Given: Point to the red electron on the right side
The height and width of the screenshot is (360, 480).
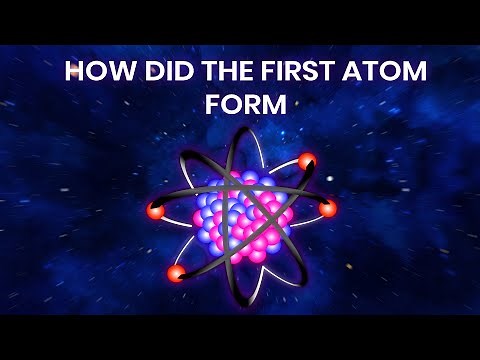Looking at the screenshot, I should coord(328,208).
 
